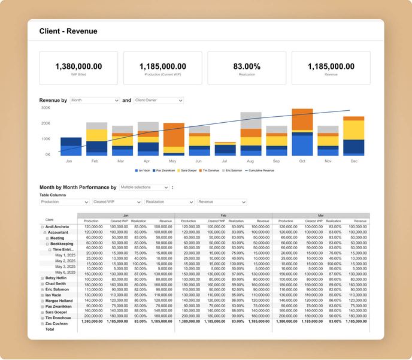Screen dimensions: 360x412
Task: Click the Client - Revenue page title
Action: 68,31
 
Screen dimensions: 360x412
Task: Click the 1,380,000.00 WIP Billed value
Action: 78,66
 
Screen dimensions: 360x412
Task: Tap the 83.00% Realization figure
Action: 247,66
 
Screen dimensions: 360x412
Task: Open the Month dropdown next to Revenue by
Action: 95,101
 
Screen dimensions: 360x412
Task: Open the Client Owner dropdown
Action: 159,101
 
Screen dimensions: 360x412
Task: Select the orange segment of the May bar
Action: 174,135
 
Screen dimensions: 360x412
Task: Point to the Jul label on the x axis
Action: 225,161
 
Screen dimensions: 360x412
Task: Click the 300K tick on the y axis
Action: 46,108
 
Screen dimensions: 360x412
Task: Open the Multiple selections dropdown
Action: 144,187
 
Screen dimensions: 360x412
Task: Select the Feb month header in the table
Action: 223,216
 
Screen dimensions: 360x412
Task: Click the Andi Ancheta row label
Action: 57,227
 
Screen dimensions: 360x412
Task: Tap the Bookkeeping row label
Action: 62,244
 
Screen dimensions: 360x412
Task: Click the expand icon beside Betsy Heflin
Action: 42,278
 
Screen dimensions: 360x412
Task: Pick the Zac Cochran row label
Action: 57,323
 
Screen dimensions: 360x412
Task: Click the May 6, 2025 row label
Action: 65,272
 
